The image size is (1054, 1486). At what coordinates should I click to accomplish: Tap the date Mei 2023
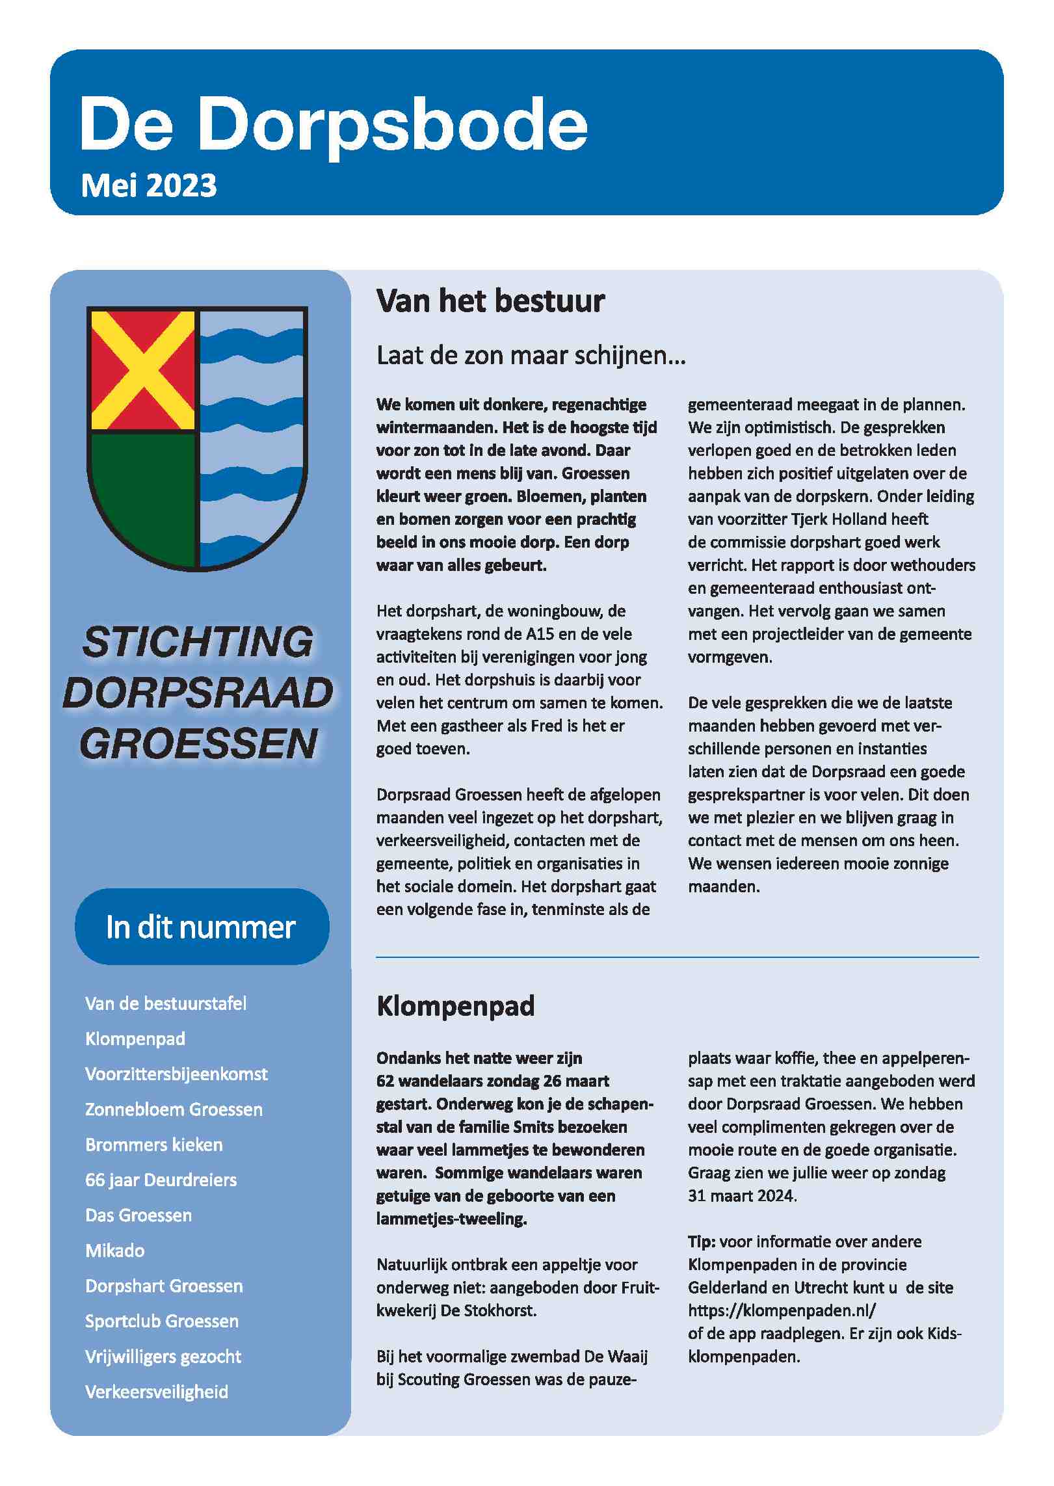[x=149, y=186]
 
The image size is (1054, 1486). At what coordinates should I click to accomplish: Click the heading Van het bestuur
[x=490, y=301]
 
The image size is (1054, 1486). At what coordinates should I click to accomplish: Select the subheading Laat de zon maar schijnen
[x=531, y=356]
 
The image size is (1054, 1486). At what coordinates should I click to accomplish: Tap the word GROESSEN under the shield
[x=198, y=744]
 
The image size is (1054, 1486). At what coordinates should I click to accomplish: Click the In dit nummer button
[x=202, y=927]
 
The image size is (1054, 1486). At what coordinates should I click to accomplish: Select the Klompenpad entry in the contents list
[x=135, y=1039]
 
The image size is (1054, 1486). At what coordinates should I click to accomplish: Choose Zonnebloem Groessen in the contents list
[x=174, y=1109]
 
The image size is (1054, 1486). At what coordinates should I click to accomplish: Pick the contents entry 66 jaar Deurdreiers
[x=161, y=1180]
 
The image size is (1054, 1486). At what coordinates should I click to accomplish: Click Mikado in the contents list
[x=115, y=1251]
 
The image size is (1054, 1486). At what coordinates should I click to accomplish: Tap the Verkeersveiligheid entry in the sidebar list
[x=157, y=1392]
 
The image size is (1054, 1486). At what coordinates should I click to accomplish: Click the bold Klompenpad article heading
[x=455, y=1006]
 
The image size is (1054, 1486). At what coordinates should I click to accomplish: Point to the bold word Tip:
[x=702, y=1241]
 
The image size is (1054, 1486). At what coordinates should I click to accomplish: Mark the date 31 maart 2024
[x=742, y=1195]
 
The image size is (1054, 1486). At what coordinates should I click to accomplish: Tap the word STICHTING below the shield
[x=198, y=643]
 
